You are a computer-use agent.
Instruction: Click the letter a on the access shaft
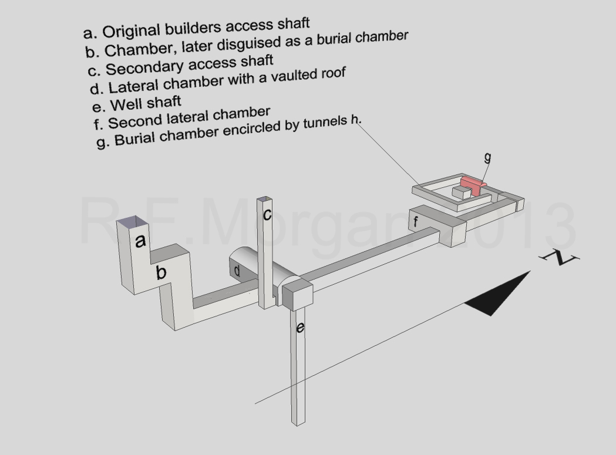pyautogui.click(x=140, y=241)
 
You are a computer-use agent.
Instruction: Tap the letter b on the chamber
pyautogui.click(x=161, y=272)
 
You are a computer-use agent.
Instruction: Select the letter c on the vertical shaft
pyautogui.click(x=267, y=214)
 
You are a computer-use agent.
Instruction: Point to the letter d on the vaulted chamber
pyautogui.click(x=237, y=271)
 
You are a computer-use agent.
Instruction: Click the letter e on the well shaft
pyautogui.click(x=300, y=327)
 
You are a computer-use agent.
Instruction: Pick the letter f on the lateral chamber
pyautogui.click(x=416, y=221)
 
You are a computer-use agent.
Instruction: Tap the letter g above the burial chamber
pyautogui.click(x=487, y=157)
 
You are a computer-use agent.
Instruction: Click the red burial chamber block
pyautogui.click(x=473, y=185)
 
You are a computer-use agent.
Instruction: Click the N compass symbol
pyautogui.click(x=560, y=257)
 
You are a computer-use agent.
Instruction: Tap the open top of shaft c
pyautogui.click(x=264, y=200)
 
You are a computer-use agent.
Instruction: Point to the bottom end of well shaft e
pyautogui.click(x=298, y=423)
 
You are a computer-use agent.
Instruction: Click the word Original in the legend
pyautogui.click(x=132, y=31)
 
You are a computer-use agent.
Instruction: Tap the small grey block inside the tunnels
pyautogui.click(x=461, y=193)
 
